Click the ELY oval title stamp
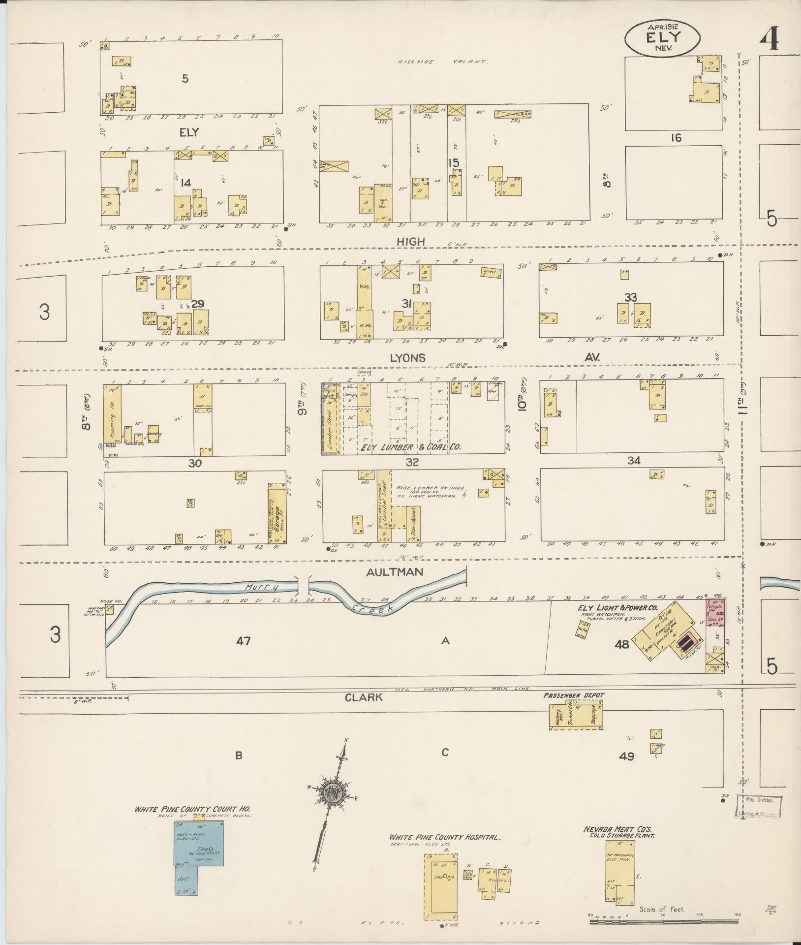coord(662,37)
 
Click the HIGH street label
coord(412,242)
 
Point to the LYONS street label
coord(407,358)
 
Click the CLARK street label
coord(363,697)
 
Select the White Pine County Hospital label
coord(444,837)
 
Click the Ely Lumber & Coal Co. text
coord(411,447)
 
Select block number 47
coord(243,641)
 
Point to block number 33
coord(630,297)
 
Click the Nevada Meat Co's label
coord(618,829)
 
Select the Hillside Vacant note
coord(442,62)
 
